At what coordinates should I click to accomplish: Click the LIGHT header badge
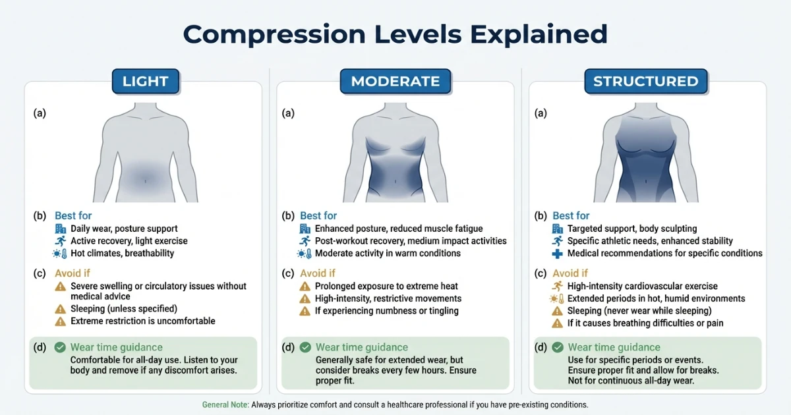[146, 82]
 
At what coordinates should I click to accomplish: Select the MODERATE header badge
[395, 82]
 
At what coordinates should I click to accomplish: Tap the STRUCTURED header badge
[645, 82]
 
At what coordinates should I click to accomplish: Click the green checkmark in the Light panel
[60, 347]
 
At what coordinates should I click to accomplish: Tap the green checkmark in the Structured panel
[558, 347]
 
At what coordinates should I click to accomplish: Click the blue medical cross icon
[558, 254]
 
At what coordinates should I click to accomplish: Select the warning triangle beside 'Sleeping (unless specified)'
[60, 309]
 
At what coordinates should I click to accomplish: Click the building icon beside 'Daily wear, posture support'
[60, 229]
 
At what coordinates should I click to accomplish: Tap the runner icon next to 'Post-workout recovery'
[305, 241]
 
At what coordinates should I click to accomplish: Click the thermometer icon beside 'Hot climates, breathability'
[60, 254]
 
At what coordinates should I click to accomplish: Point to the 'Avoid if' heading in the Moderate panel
[318, 273]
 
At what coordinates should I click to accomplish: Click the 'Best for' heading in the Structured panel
[571, 216]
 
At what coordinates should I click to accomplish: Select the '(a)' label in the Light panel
[40, 113]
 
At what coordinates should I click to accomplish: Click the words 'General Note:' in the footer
[225, 404]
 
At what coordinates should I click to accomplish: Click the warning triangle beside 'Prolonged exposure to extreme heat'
[305, 287]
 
